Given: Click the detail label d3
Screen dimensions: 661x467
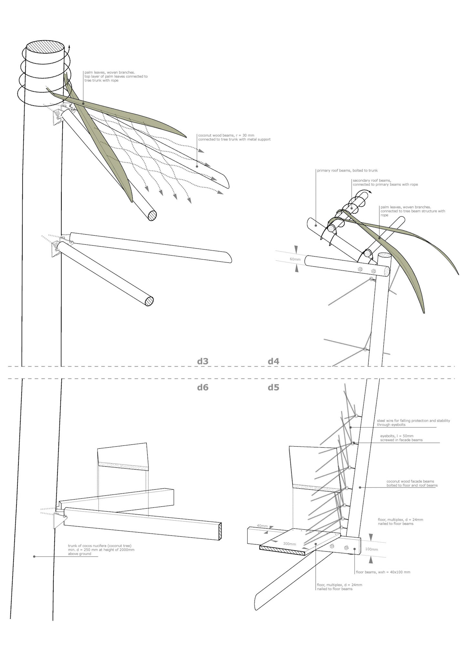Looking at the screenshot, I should (x=203, y=361).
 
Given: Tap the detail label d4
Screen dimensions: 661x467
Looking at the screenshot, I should (x=274, y=361).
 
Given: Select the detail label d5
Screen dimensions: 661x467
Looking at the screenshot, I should (x=274, y=387).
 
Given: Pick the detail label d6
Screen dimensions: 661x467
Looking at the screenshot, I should (x=203, y=387).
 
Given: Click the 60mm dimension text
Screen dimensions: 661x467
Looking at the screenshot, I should (x=295, y=259).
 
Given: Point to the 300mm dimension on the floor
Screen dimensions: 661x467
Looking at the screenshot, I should (x=289, y=544).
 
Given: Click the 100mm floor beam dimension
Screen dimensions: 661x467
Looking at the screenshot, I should (x=371, y=549).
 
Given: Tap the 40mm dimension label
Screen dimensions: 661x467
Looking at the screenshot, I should (x=262, y=526).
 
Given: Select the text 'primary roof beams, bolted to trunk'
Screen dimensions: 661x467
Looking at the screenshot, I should (x=347, y=170).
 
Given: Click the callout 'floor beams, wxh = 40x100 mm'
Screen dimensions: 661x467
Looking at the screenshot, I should (x=383, y=572).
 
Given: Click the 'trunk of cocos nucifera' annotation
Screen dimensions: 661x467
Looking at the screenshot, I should (x=101, y=550).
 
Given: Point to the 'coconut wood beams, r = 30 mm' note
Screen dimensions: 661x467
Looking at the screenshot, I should (x=234, y=137).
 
